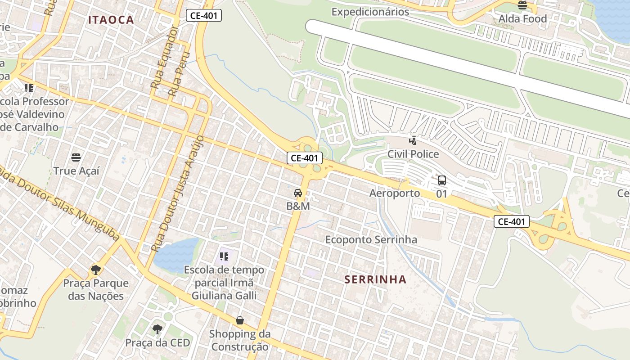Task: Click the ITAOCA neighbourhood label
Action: [111, 20]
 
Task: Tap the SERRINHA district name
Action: [375, 279]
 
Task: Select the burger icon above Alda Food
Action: [522, 5]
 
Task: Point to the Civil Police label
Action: [413, 154]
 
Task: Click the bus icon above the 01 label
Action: [442, 180]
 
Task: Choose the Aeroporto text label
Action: [395, 193]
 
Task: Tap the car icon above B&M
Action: [298, 193]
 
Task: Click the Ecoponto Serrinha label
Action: [371, 240]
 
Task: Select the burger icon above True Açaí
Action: [76, 157]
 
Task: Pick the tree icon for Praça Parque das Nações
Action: [95, 270]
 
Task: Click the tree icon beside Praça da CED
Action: [157, 329]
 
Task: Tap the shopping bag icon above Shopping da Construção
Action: [240, 320]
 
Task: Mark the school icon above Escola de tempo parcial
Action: [224, 257]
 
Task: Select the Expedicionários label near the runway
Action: [370, 12]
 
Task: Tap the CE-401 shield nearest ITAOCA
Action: [203, 16]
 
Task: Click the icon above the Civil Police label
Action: [413, 140]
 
